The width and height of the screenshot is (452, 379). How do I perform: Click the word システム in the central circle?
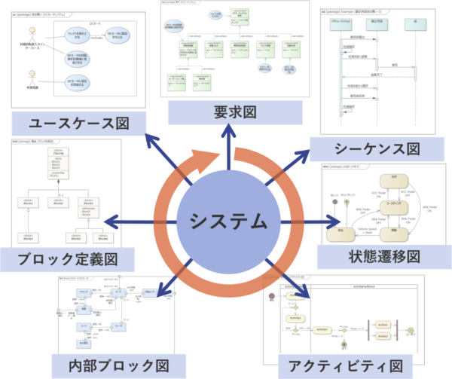point(227,222)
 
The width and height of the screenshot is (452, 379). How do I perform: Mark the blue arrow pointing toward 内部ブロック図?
point(169,279)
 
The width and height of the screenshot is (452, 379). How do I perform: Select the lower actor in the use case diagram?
point(32,76)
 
